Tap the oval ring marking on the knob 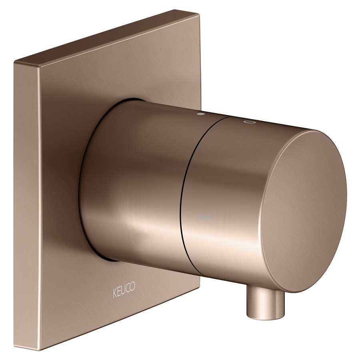tap(248, 122)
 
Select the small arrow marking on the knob tap(205, 217)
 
